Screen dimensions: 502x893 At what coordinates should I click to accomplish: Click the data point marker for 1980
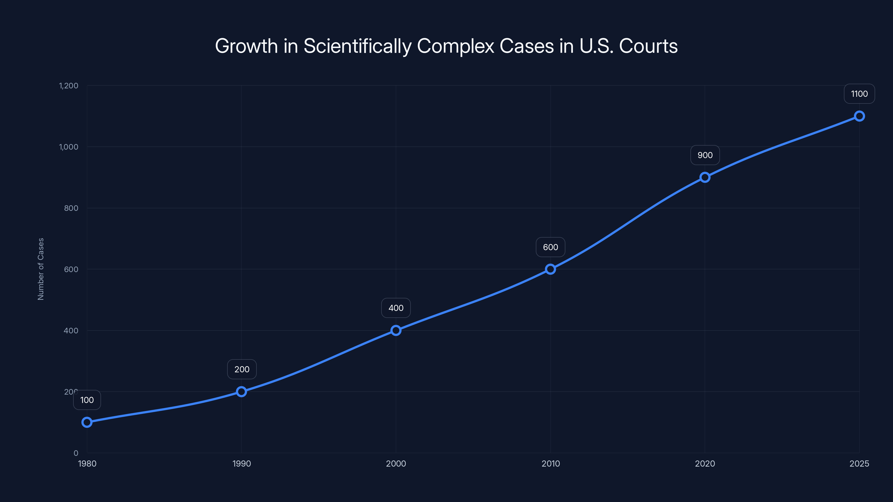(87, 422)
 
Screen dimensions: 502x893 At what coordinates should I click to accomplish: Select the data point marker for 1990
(242, 392)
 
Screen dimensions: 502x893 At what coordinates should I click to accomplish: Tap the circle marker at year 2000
(396, 330)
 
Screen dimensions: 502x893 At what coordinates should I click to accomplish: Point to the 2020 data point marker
(705, 177)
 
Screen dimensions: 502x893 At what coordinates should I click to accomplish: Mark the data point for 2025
(859, 116)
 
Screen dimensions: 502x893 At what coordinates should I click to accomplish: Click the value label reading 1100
(859, 94)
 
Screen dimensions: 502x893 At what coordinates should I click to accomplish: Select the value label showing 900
(705, 155)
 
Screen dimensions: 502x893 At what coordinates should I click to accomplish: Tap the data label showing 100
(87, 400)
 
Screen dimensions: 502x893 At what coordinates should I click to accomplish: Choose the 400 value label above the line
(396, 308)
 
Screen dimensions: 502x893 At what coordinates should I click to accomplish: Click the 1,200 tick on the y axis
(69, 86)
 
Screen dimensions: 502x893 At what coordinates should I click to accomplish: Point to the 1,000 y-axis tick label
(69, 147)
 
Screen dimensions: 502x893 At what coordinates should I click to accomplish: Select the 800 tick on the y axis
(71, 208)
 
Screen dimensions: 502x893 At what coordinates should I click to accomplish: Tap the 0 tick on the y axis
(76, 453)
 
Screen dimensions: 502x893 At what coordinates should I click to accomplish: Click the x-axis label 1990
(242, 464)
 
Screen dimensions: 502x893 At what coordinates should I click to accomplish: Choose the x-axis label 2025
(859, 464)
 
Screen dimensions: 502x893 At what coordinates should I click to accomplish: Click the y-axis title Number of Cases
(41, 269)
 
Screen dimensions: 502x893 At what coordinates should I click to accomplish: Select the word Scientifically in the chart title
(357, 46)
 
